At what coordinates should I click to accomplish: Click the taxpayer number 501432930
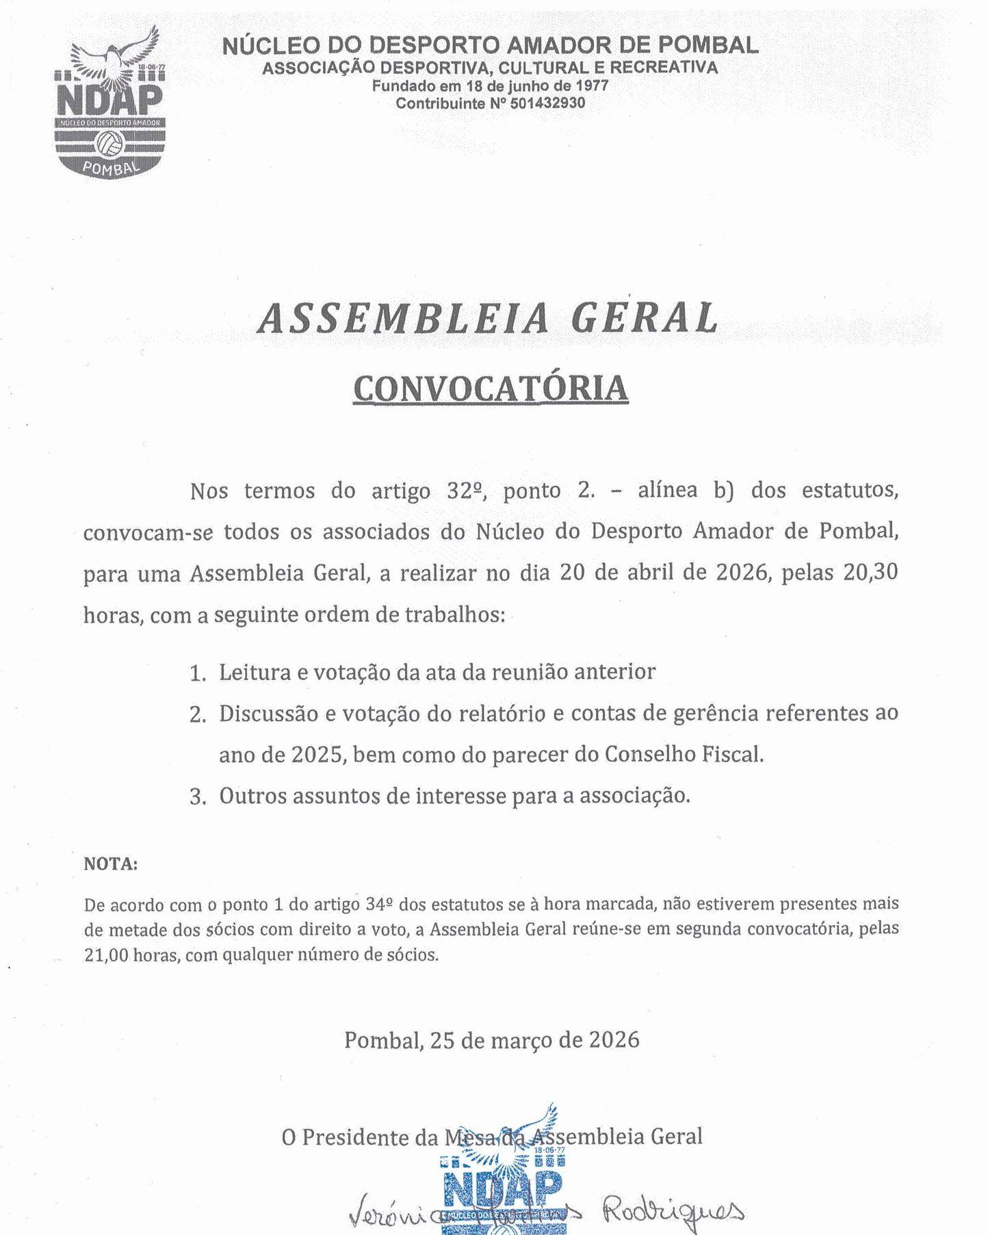(x=547, y=103)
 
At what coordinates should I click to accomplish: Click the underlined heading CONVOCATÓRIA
(x=490, y=387)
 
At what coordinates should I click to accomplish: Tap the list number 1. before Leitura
(x=198, y=674)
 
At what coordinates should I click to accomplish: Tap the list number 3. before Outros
(x=198, y=798)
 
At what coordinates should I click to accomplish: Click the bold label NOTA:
(x=110, y=864)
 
